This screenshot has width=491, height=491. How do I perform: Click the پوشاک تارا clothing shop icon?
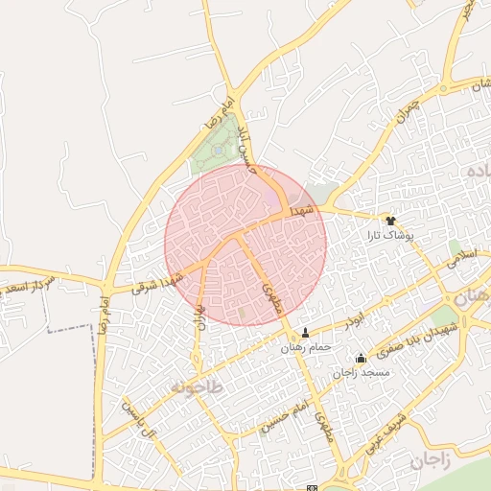tap(390, 220)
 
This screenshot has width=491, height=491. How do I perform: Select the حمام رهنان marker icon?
tap(306, 333)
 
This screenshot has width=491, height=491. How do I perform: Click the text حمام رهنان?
tap(305, 347)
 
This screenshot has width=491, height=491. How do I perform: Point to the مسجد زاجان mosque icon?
tap(361, 359)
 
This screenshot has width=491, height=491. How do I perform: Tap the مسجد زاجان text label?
tap(359, 373)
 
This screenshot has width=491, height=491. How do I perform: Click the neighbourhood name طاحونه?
tap(197, 386)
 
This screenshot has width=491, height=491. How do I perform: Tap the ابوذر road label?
tap(356, 316)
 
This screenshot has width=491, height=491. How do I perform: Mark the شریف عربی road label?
tap(386, 433)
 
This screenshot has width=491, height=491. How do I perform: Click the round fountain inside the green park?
tap(220, 150)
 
